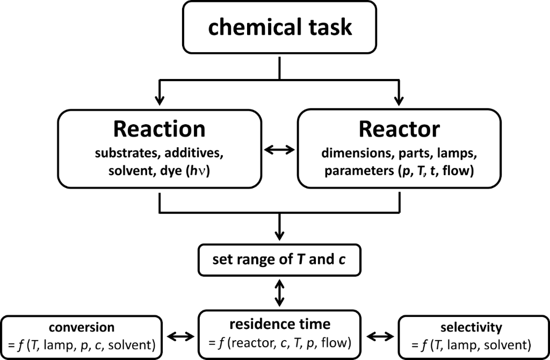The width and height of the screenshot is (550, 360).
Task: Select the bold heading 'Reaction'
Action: (x=158, y=129)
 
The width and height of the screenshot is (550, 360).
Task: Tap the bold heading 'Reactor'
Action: (x=399, y=129)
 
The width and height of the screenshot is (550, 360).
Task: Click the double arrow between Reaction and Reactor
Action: (x=280, y=150)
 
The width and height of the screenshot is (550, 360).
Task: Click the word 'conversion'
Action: (x=82, y=327)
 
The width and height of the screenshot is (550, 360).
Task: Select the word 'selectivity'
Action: (x=471, y=327)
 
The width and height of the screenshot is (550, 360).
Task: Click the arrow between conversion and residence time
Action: (x=179, y=337)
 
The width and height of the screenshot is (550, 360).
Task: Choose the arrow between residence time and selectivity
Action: (x=379, y=337)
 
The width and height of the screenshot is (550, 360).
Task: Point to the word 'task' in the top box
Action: (x=330, y=27)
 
